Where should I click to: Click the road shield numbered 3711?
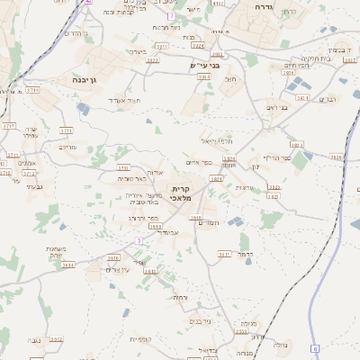click(x=32, y=91)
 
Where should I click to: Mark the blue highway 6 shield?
click(x=315, y=347)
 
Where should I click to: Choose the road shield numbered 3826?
click(x=336, y=157)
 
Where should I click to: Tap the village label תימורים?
click(x=206, y=220)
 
